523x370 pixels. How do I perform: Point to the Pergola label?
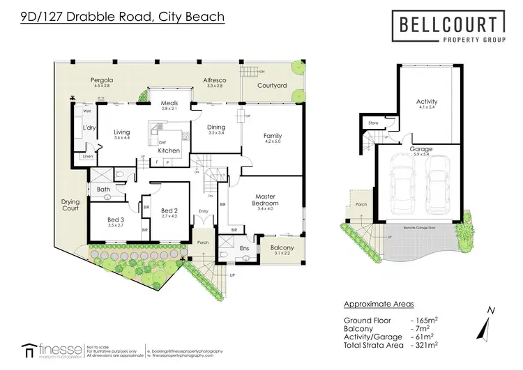tap(103, 81)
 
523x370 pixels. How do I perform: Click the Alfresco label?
tap(213, 81)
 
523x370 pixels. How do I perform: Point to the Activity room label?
tap(426, 102)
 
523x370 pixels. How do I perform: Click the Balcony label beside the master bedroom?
tap(280, 248)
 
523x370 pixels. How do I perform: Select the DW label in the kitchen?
tap(162, 142)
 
